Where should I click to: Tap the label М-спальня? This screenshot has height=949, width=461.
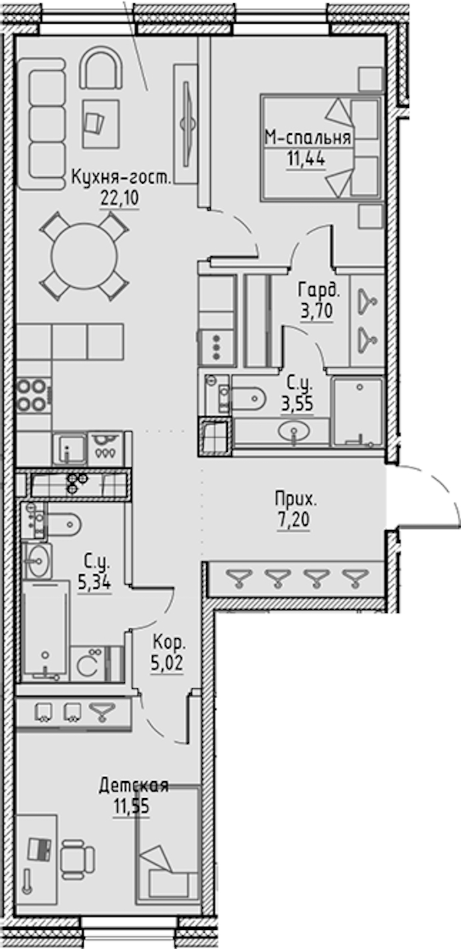pyautogui.click(x=308, y=138)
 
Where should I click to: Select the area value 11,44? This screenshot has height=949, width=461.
pyautogui.click(x=306, y=159)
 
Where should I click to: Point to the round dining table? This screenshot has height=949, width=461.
pyautogui.click(x=84, y=256)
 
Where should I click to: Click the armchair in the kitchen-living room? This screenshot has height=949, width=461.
pyautogui.click(x=101, y=68)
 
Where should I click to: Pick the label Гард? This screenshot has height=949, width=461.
pyautogui.click(x=319, y=291)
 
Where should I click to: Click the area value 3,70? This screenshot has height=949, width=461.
pyautogui.click(x=317, y=312)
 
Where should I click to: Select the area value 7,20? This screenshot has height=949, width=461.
pyautogui.click(x=293, y=520)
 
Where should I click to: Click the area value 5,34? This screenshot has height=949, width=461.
pyautogui.click(x=94, y=583)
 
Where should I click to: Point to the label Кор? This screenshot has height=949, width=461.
pyautogui.click(x=169, y=643)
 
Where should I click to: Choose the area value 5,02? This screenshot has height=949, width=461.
pyautogui.click(x=167, y=663)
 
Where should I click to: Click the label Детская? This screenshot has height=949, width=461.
pyautogui.click(x=134, y=786)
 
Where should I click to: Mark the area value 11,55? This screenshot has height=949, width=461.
pyautogui.click(x=131, y=806)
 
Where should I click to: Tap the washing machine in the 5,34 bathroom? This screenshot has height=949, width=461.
pyautogui.click(x=88, y=665)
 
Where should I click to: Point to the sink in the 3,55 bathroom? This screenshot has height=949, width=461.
pyautogui.click(x=294, y=431)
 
